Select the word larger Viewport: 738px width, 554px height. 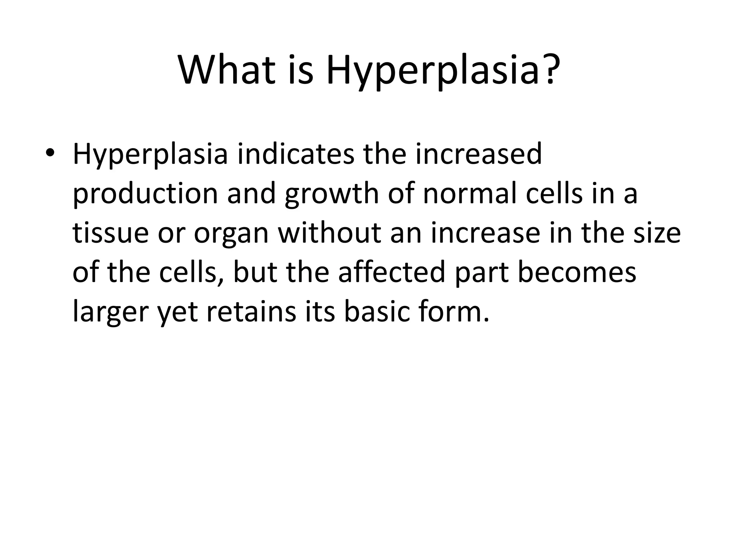click(110, 312)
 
